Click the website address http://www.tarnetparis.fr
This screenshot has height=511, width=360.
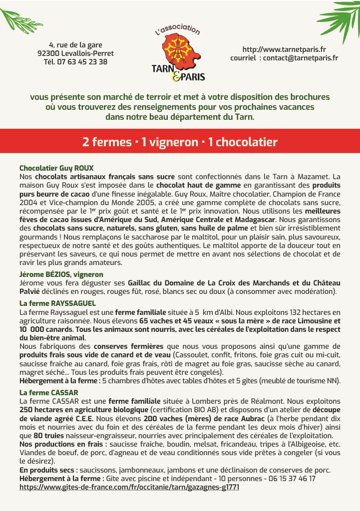(284, 49)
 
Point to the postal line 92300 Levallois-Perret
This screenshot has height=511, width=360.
(75, 53)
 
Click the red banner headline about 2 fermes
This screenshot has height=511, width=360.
(180, 142)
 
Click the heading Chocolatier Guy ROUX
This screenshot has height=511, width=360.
(56, 168)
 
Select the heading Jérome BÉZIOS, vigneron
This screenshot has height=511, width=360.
(61, 274)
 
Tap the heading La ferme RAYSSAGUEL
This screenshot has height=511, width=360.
(57, 303)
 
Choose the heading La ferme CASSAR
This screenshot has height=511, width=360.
(49, 393)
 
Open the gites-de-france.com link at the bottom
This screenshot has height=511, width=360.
(129, 487)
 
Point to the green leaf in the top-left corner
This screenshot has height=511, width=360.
(20, 18)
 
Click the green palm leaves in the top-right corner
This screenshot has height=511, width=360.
(340, 20)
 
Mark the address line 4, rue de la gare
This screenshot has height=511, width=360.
(75, 45)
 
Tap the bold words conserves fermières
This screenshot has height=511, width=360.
(128, 346)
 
